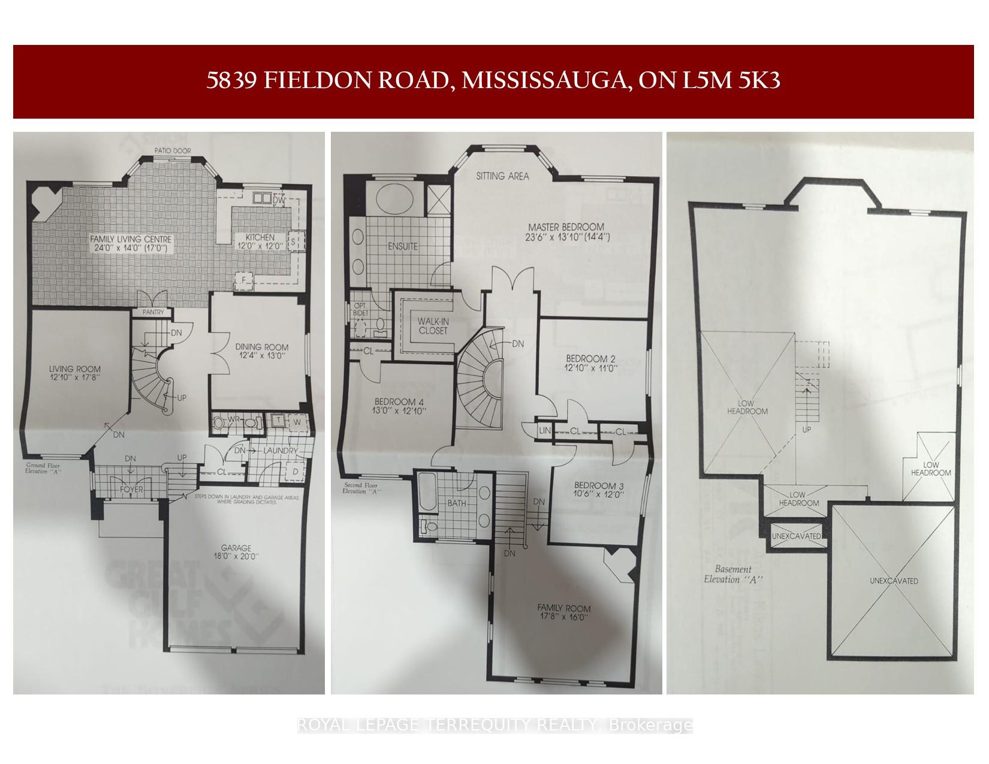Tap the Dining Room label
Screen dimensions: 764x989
261,347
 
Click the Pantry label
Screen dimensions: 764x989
152,312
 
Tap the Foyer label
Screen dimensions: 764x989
131,489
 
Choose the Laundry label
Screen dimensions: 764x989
279,451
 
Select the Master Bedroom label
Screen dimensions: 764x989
566,227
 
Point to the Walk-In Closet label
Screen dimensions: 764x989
433,326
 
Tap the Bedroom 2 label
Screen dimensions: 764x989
590,360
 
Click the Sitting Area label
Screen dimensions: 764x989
502,176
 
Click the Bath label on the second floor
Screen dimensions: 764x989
457,504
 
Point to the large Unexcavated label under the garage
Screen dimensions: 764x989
894,581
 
